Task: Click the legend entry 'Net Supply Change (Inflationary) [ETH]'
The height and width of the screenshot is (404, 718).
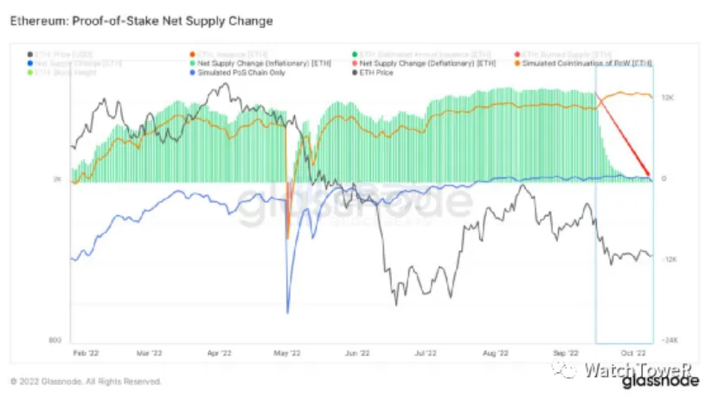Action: point(262,64)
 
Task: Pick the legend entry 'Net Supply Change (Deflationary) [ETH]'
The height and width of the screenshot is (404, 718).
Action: point(425,64)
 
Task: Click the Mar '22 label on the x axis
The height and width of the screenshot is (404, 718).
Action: point(150,353)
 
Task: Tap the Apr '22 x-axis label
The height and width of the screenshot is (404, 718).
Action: point(220,353)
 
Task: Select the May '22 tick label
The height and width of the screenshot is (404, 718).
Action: point(288,353)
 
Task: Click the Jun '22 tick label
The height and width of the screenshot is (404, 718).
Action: point(358,353)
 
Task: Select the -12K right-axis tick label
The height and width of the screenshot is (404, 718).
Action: point(669,260)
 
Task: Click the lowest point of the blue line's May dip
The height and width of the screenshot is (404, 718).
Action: point(287,312)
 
